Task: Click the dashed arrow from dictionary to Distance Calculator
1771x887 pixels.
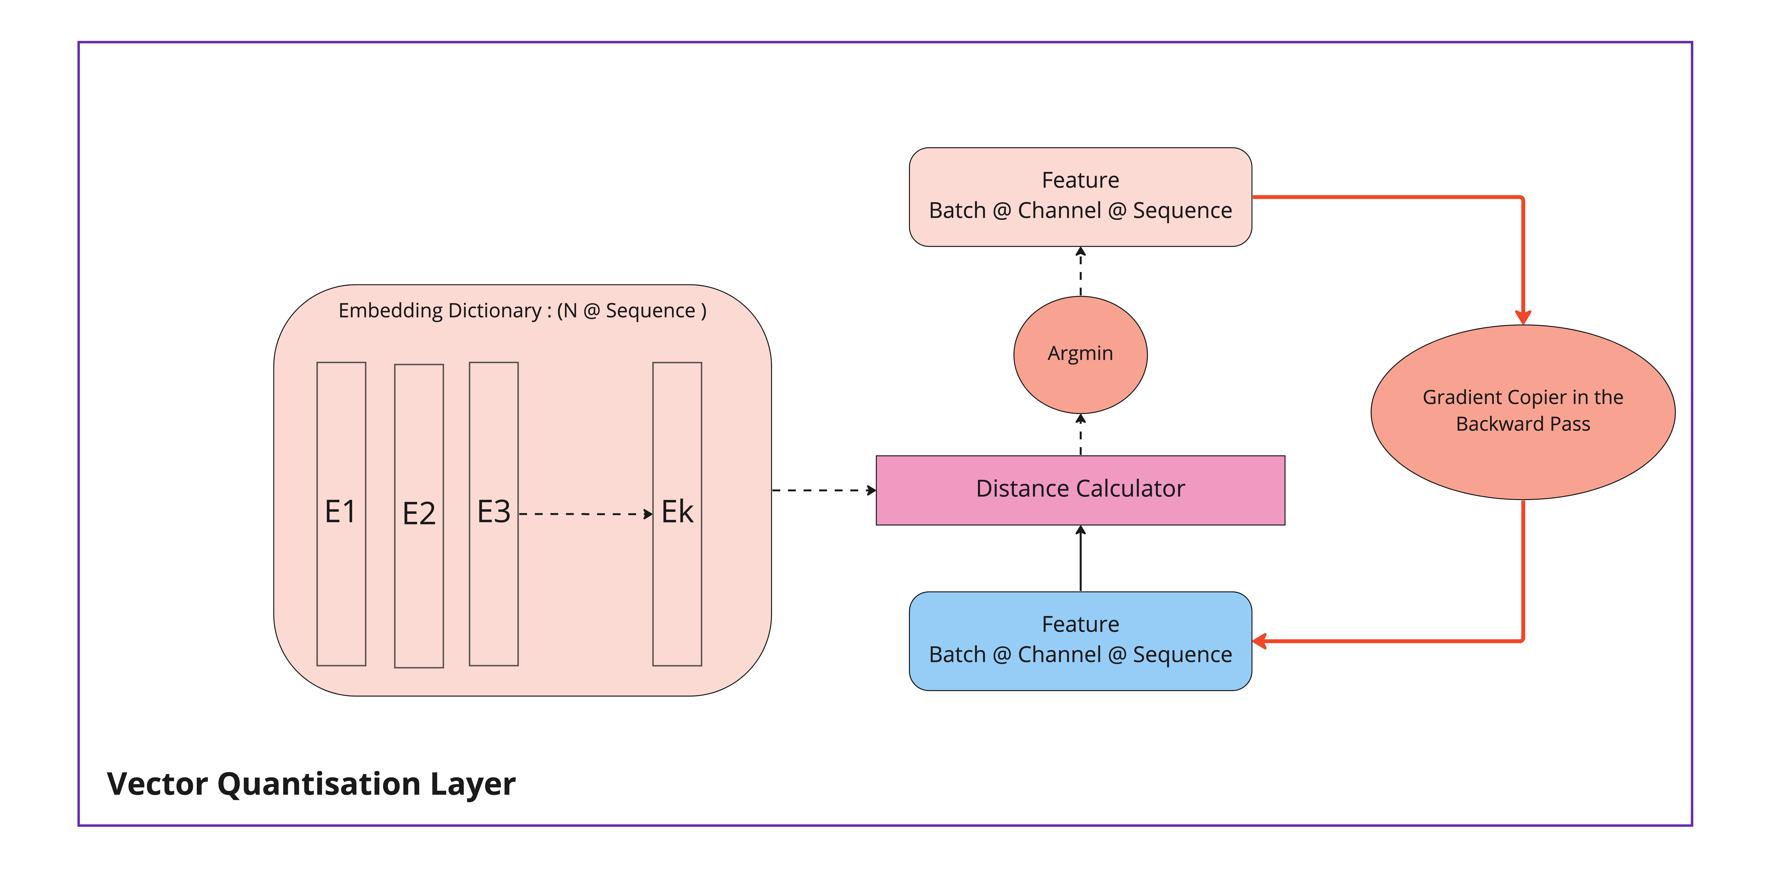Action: (x=824, y=490)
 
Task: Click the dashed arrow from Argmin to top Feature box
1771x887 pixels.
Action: (x=1081, y=272)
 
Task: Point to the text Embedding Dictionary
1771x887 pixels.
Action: (x=440, y=311)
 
